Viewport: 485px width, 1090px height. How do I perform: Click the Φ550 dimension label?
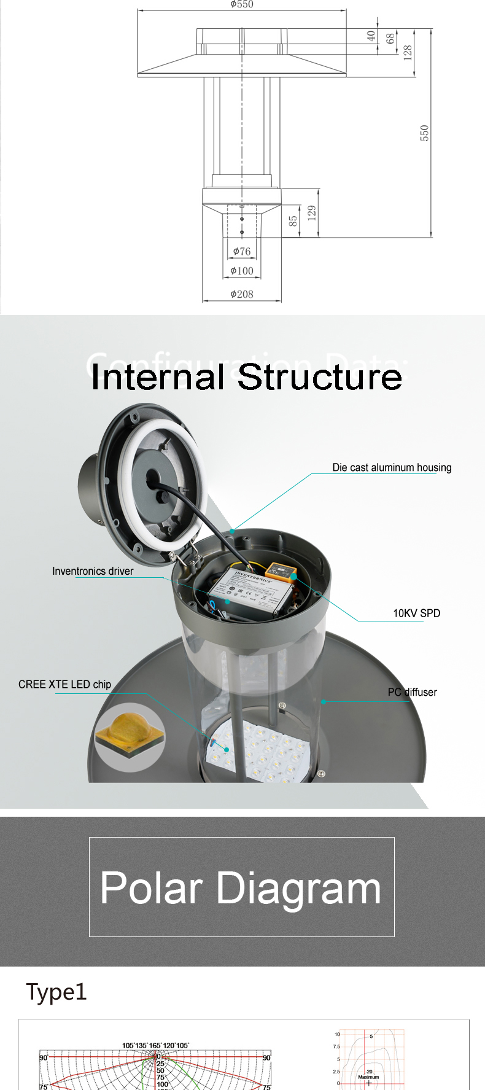click(242, 4)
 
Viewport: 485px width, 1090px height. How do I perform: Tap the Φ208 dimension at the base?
click(242, 294)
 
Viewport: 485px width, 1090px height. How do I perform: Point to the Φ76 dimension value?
click(242, 251)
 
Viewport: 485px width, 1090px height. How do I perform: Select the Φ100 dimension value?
click(242, 271)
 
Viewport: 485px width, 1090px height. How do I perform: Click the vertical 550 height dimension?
click(424, 133)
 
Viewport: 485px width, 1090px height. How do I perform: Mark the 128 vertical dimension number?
click(408, 52)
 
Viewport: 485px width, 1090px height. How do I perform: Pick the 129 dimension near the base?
click(312, 213)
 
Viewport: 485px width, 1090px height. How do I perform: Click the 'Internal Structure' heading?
click(246, 376)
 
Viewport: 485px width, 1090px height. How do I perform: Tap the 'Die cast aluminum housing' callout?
click(392, 467)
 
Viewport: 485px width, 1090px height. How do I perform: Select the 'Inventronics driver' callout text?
click(93, 571)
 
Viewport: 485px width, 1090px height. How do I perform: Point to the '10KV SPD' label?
click(416, 613)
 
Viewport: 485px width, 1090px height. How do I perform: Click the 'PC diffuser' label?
click(412, 692)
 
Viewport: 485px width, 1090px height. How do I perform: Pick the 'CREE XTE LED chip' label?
click(64, 684)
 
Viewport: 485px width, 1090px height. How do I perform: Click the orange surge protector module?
click(284, 572)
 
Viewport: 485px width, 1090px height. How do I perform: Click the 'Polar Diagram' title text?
click(241, 888)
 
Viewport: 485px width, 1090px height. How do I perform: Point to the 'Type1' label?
click(56, 992)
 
